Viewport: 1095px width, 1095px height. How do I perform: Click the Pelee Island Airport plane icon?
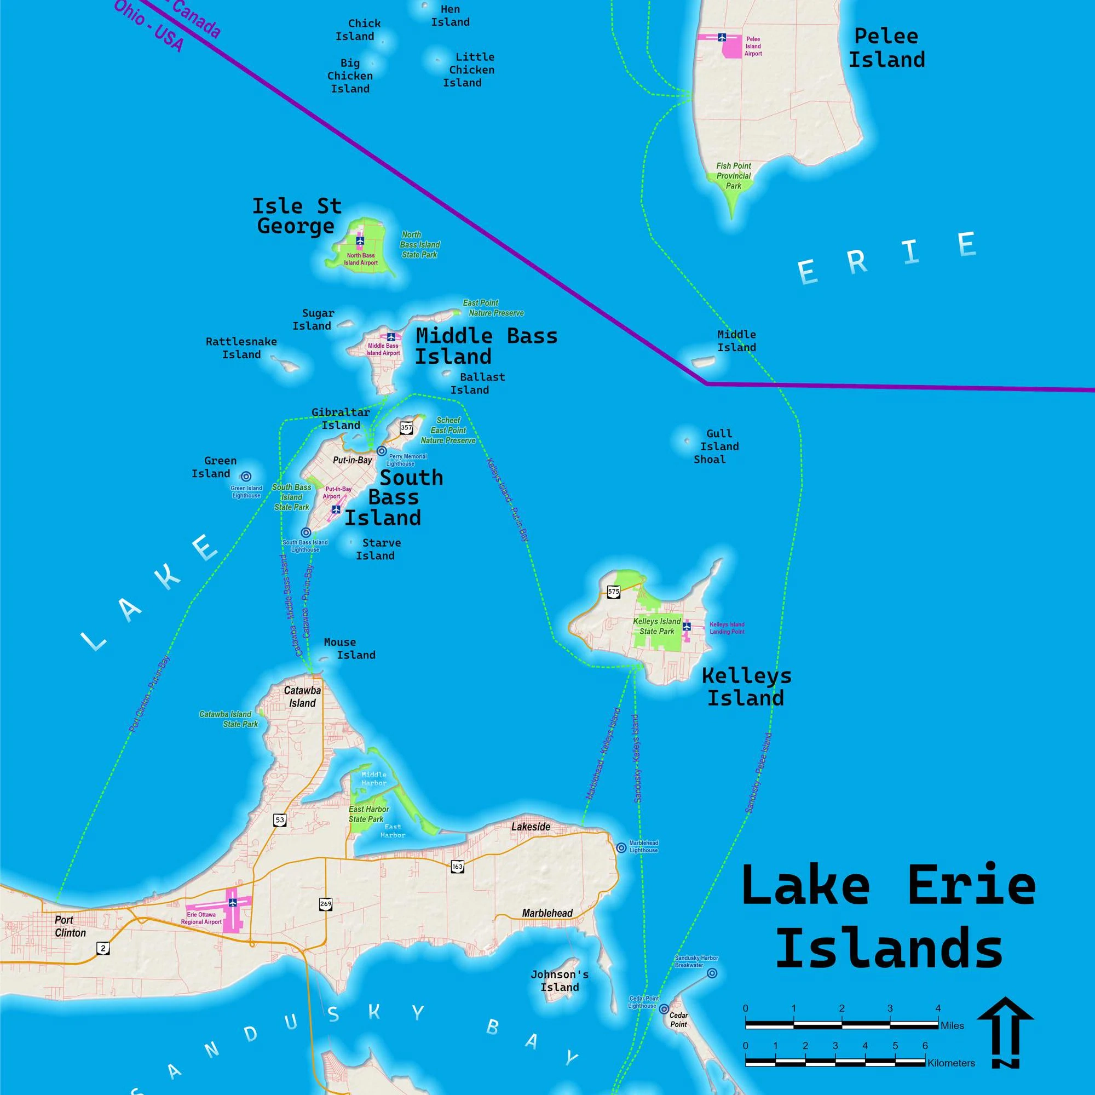722,37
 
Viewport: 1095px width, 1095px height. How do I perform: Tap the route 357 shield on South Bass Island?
406,428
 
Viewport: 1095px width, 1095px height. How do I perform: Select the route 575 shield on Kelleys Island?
613,592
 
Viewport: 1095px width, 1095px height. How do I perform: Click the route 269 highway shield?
325,904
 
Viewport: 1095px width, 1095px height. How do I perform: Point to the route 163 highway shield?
457,866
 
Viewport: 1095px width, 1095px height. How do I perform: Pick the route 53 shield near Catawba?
279,820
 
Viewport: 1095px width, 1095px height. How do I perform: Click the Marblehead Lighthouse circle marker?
621,848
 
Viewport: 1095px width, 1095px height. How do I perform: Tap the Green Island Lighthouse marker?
246,477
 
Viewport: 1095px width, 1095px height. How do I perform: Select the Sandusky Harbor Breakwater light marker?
712,973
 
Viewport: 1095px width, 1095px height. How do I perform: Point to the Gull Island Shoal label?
716,446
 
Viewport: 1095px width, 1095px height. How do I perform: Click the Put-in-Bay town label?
352,460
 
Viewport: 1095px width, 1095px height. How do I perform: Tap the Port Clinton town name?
70,926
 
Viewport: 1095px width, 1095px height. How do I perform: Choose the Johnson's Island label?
560,981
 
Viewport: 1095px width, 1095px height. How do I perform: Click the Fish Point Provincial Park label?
734,176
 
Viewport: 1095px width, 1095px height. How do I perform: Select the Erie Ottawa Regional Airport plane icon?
232,902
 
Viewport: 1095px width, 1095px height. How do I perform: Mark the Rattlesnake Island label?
241,348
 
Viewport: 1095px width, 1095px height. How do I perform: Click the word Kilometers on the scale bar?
951,1063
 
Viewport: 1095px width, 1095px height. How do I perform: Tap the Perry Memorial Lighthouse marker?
382,451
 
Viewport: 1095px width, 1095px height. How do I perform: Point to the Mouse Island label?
349,648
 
